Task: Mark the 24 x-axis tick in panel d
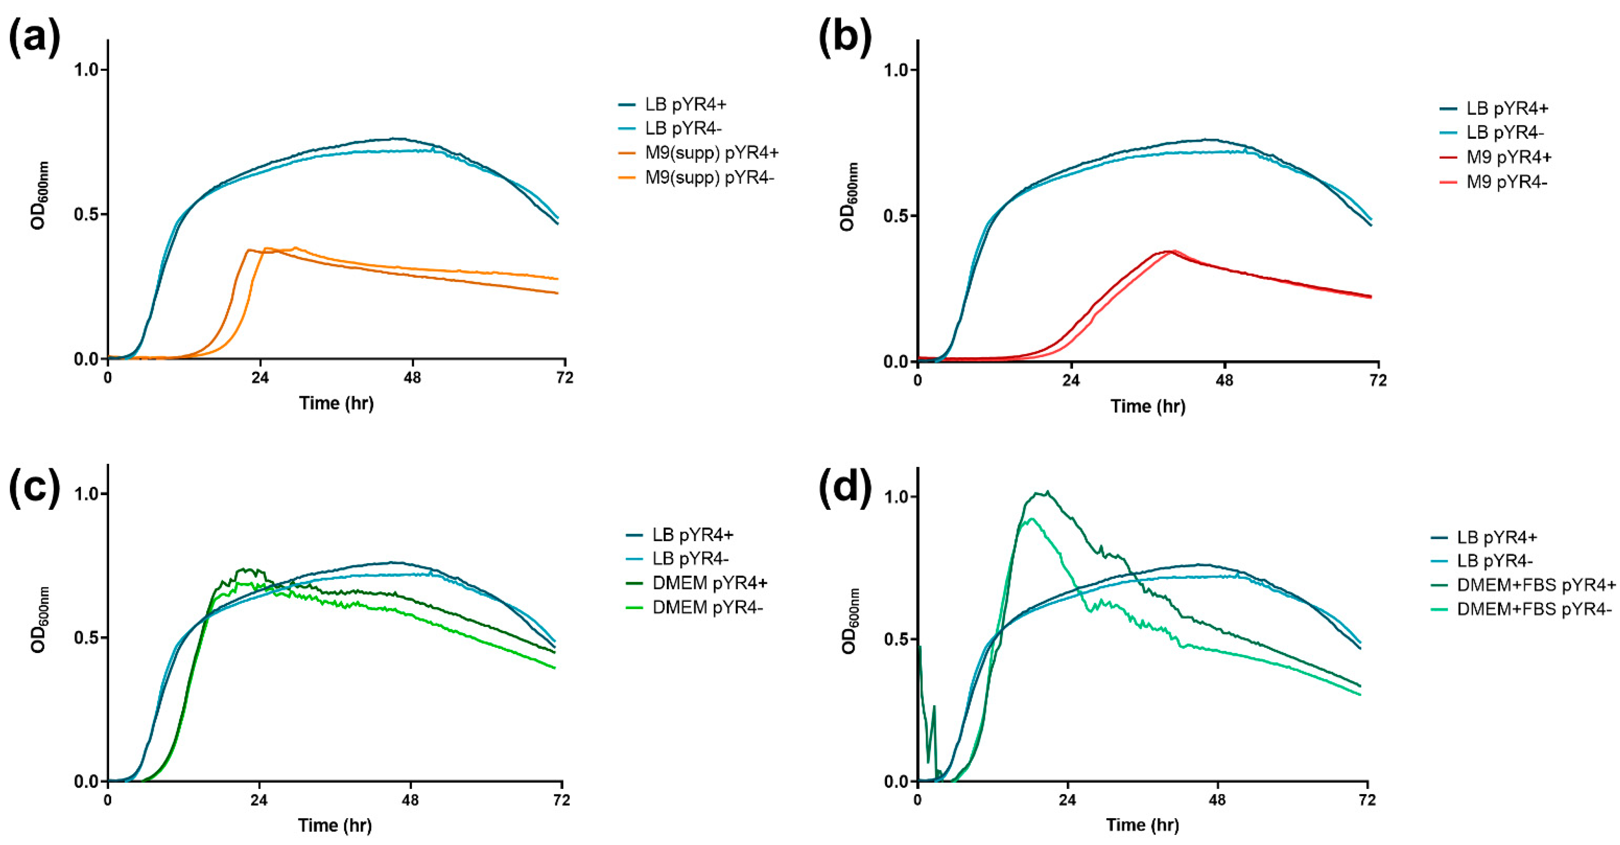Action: (x=1067, y=800)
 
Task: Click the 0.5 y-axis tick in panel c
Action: (x=86, y=638)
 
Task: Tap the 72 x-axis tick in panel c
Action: (x=561, y=800)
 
